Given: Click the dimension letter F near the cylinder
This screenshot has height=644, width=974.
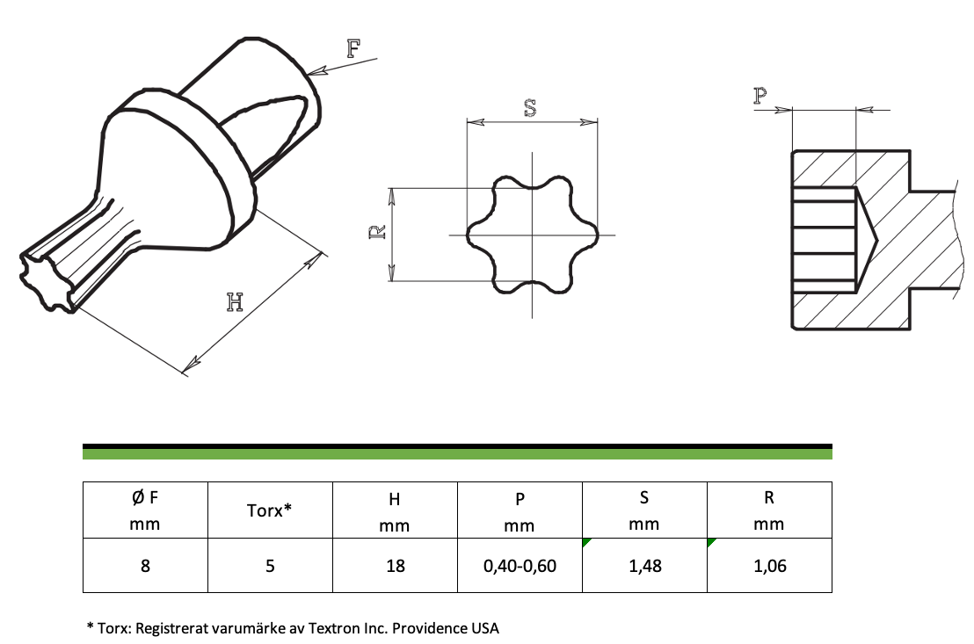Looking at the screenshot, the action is coord(353,47).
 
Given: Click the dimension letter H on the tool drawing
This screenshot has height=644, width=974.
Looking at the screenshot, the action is coord(235,302).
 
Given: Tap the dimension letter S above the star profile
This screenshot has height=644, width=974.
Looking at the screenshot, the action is coord(530,108).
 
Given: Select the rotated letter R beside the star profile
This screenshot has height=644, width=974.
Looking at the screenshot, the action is coord(378,232).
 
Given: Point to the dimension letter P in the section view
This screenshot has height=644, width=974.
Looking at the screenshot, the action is coord(760,96).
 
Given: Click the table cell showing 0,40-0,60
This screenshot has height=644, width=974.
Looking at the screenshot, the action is coord(520,566).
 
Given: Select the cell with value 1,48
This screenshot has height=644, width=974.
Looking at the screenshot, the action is coord(644,566).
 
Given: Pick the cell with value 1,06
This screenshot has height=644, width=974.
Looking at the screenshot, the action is coord(770,566).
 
